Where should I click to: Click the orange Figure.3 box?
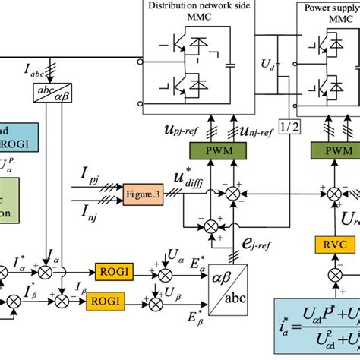pos(144,196)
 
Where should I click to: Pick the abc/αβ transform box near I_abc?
pos(49,93)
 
